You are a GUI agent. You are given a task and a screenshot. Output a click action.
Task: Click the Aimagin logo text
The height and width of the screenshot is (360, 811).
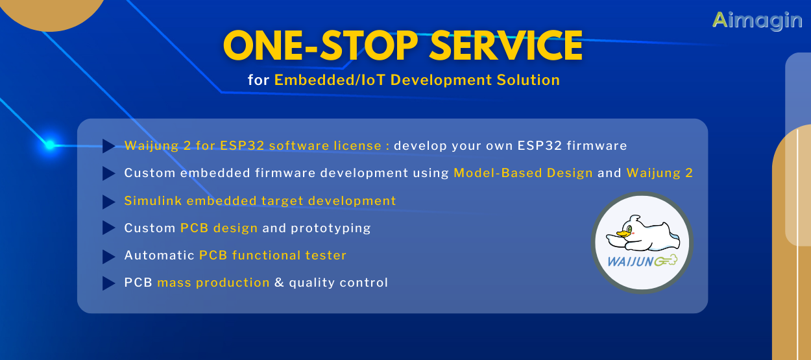click(757, 19)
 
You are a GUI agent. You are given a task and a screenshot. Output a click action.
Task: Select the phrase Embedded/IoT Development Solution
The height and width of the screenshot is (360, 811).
click(417, 80)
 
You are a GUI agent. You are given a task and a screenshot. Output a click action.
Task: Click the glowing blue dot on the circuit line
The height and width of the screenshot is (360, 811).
click(50, 145)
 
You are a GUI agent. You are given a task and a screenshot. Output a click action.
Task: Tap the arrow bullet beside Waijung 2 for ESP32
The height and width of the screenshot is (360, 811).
click(108, 146)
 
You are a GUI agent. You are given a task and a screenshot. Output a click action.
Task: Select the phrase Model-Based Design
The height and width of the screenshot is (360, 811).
click(523, 173)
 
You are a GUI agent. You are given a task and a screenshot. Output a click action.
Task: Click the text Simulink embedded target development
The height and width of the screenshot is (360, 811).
click(260, 201)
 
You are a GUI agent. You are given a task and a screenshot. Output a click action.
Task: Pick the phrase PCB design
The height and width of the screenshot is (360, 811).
click(219, 228)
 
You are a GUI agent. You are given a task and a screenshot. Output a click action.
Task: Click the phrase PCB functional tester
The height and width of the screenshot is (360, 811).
click(272, 256)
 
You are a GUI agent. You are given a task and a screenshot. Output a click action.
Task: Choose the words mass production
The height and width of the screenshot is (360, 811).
click(213, 283)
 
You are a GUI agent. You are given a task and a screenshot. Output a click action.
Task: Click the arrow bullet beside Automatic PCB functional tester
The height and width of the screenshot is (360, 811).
click(108, 256)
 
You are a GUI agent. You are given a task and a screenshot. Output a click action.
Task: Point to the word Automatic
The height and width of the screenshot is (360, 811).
click(159, 256)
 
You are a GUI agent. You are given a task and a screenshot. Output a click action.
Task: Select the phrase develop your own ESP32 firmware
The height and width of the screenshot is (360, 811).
click(510, 146)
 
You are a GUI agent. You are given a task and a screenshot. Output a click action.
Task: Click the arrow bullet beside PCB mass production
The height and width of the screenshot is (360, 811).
click(108, 283)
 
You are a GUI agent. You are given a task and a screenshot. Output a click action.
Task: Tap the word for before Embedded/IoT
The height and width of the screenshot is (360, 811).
click(258, 80)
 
